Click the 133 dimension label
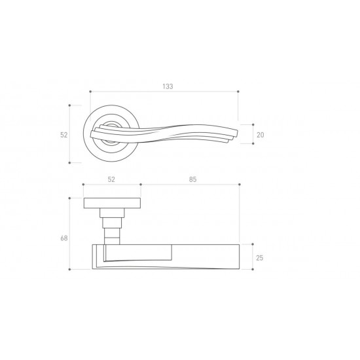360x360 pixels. [168, 86]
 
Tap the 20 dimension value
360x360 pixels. [260, 135]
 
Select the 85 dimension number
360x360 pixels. [193, 179]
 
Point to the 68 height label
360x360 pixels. [64, 238]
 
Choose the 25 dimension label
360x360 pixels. [259, 258]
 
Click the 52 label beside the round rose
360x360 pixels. [64, 135]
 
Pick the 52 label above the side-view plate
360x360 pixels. [111, 179]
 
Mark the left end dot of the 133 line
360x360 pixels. [90, 92]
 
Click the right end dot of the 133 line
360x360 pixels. [238, 92]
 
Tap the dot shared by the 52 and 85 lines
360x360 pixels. [141, 185]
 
